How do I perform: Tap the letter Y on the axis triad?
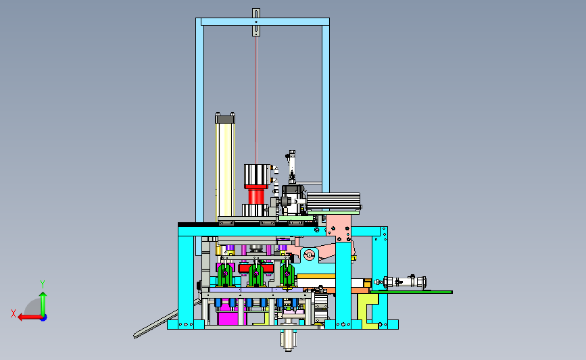pos(43,284)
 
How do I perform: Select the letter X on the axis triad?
pos(14,313)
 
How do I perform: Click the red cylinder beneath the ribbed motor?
pos(255,197)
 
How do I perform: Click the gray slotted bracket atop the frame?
pos(256,22)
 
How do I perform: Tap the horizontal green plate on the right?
pos(411,292)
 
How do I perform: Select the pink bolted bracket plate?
pos(339,228)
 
